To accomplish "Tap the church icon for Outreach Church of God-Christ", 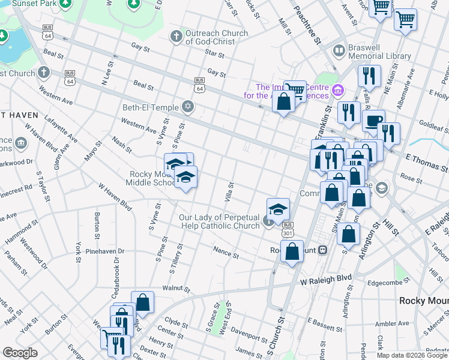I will (176, 37).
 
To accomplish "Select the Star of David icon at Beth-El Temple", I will (188, 107).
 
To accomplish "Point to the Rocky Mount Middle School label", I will (151, 178).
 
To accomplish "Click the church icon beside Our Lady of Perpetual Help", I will (268, 222).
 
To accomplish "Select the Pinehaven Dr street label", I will (104, 251).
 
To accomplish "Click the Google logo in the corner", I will (20, 353).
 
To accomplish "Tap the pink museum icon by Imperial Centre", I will (338, 91).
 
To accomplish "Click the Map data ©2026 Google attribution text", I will (412, 355).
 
